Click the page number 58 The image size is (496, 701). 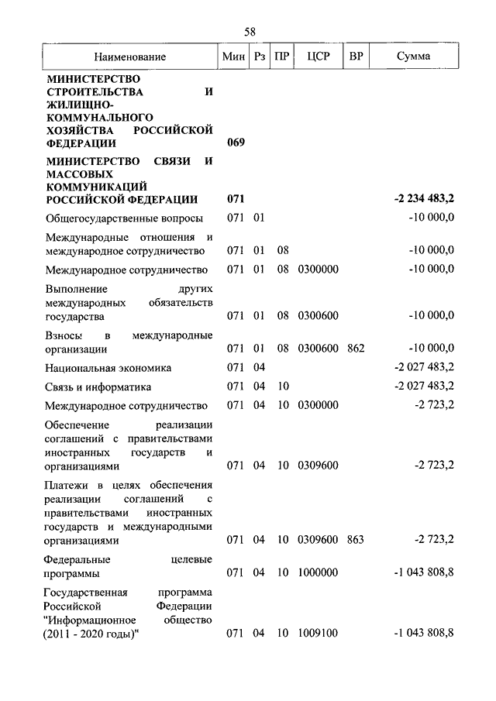point(250,32)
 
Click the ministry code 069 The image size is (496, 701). point(236,143)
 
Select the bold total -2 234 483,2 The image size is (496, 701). point(424,199)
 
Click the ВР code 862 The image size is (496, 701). point(356,348)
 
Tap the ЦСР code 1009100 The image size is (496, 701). point(318,634)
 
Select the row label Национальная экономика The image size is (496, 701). point(108,368)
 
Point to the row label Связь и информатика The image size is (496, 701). point(98,387)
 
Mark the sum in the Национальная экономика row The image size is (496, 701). point(424,368)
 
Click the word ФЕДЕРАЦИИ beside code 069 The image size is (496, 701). point(81,143)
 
